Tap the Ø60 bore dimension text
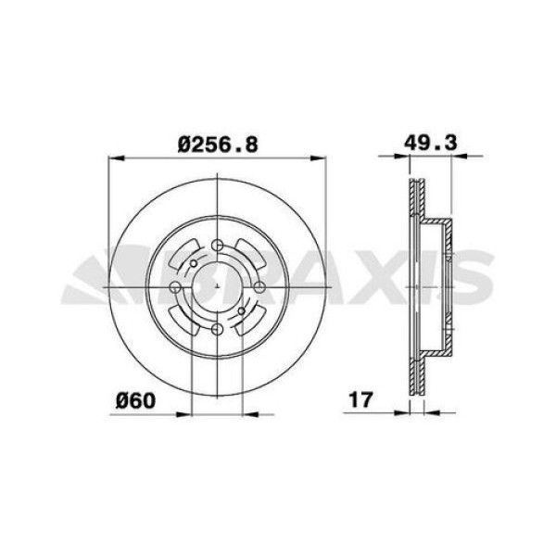coord(134,400)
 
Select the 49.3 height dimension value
coord(431,144)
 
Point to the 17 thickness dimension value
coord(360,400)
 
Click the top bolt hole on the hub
coord(217,246)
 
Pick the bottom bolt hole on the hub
coord(217,327)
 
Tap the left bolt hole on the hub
coord(176,286)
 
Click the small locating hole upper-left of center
coord(192,263)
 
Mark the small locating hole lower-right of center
coord(241,311)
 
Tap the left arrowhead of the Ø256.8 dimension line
coord(114,158)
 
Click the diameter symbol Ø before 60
coord(121,400)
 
